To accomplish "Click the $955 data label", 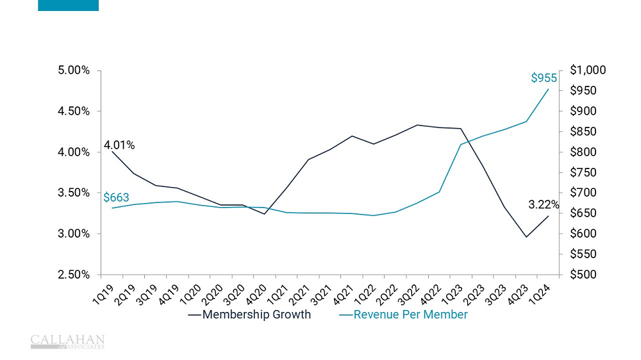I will (544, 78).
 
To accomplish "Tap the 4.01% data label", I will (119, 145).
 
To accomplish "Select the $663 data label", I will (116, 197).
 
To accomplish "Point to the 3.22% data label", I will (544, 205).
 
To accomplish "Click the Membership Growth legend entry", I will (256, 315).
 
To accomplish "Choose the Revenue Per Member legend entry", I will (410, 315).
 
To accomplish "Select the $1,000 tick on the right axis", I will (587, 70).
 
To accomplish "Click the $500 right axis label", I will (583, 275).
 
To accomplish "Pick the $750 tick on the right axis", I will (583, 172).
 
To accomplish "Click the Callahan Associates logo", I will (67, 341).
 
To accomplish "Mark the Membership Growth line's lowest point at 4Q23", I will (526, 237).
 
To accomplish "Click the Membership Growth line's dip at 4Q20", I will (265, 214).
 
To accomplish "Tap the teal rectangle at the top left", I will (68, 5).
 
